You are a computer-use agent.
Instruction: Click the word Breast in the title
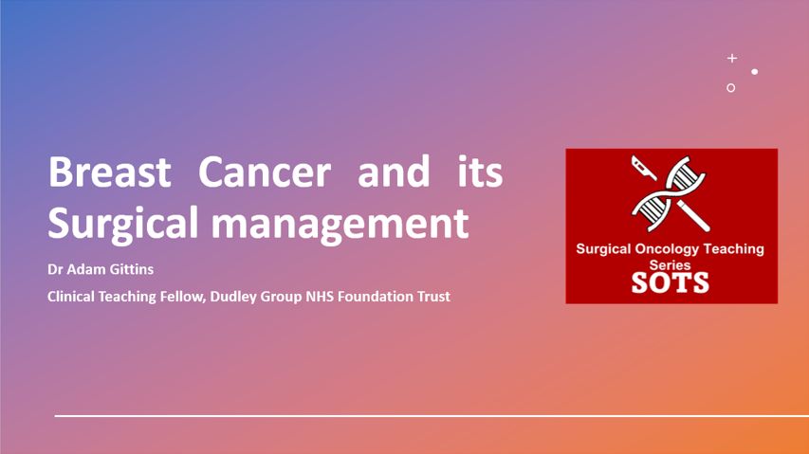[109, 172]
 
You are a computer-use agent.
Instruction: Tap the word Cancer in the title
[265, 172]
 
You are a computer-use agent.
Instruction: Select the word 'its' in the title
[480, 171]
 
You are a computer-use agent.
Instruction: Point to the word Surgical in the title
[122, 224]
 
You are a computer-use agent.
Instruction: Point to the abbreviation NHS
[320, 297]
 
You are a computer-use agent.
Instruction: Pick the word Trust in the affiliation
[434, 297]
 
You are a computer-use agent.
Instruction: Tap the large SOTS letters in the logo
[671, 282]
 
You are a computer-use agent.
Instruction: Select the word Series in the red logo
[670, 265]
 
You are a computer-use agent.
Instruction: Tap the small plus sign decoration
[732, 58]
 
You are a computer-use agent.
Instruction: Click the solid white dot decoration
[754, 72]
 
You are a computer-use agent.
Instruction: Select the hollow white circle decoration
[730, 84]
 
